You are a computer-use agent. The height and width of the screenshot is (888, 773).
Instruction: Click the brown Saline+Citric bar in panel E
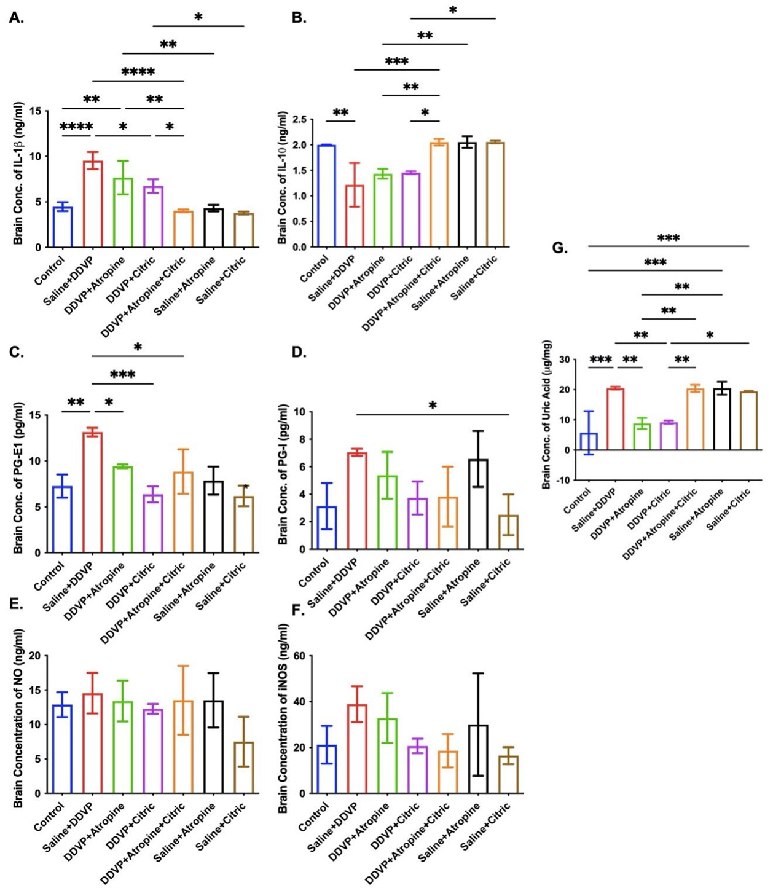pyautogui.click(x=244, y=768)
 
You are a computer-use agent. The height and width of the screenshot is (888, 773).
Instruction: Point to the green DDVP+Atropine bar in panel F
pyautogui.click(x=388, y=756)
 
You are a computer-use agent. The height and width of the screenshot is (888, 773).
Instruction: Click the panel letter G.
pyautogui.click(x=560, y=248)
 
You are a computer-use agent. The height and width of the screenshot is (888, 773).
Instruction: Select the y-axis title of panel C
pyautogui.click(x=18, y=477)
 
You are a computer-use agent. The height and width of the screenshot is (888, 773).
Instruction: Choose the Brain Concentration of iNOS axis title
pyautogui.click(x=283, y=718)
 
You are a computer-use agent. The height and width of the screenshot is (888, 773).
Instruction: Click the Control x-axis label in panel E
pyautogui.click(x=49, y=817)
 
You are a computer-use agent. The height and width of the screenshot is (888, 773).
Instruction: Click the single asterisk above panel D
pyautogui.click(x=433, y=406)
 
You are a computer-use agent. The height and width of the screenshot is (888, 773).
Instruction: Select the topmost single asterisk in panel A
pyautogui.click(x=198, y=17)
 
